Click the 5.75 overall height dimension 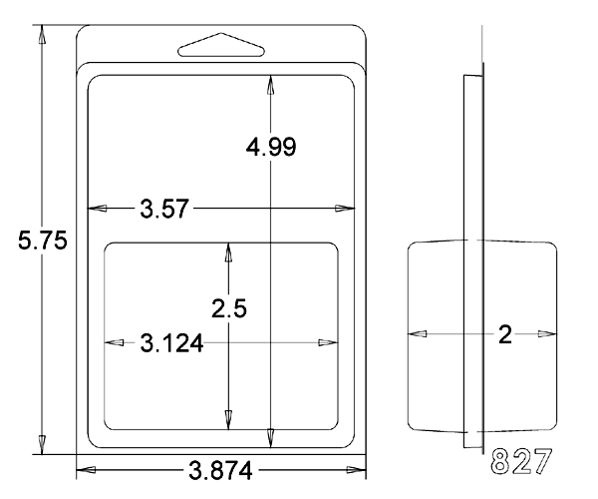coord(42,241)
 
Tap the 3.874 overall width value coord(220,470)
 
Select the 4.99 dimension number coord(271,147)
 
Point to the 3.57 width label coord(164,209)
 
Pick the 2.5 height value coord(229,308)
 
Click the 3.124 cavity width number coord(171,343)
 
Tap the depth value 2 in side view coord(505,334)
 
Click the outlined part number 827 coord(521,461)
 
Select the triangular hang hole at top coord(221,45)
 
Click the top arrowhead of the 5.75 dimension coord(42,34)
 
